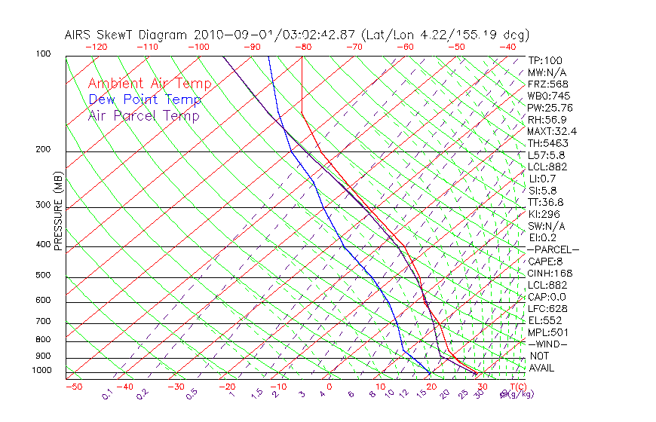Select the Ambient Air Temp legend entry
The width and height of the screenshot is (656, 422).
pyautogui.click(x=149, y=84)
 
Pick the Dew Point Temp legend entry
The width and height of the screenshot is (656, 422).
pyautogui.click(x=144, y=99)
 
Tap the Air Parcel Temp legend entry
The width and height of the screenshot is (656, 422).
pyautogui.click(x=143, y=115)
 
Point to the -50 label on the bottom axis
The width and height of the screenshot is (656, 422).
pyautogui.click(x=73, y=387)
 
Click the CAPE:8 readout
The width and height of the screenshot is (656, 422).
pyautogui.click(x=547, y=261)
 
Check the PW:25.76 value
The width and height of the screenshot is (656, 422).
pyautogui.click(x=550, y=108)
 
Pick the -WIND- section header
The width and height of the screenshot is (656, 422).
pyautogui.click(x=548, y=344)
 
